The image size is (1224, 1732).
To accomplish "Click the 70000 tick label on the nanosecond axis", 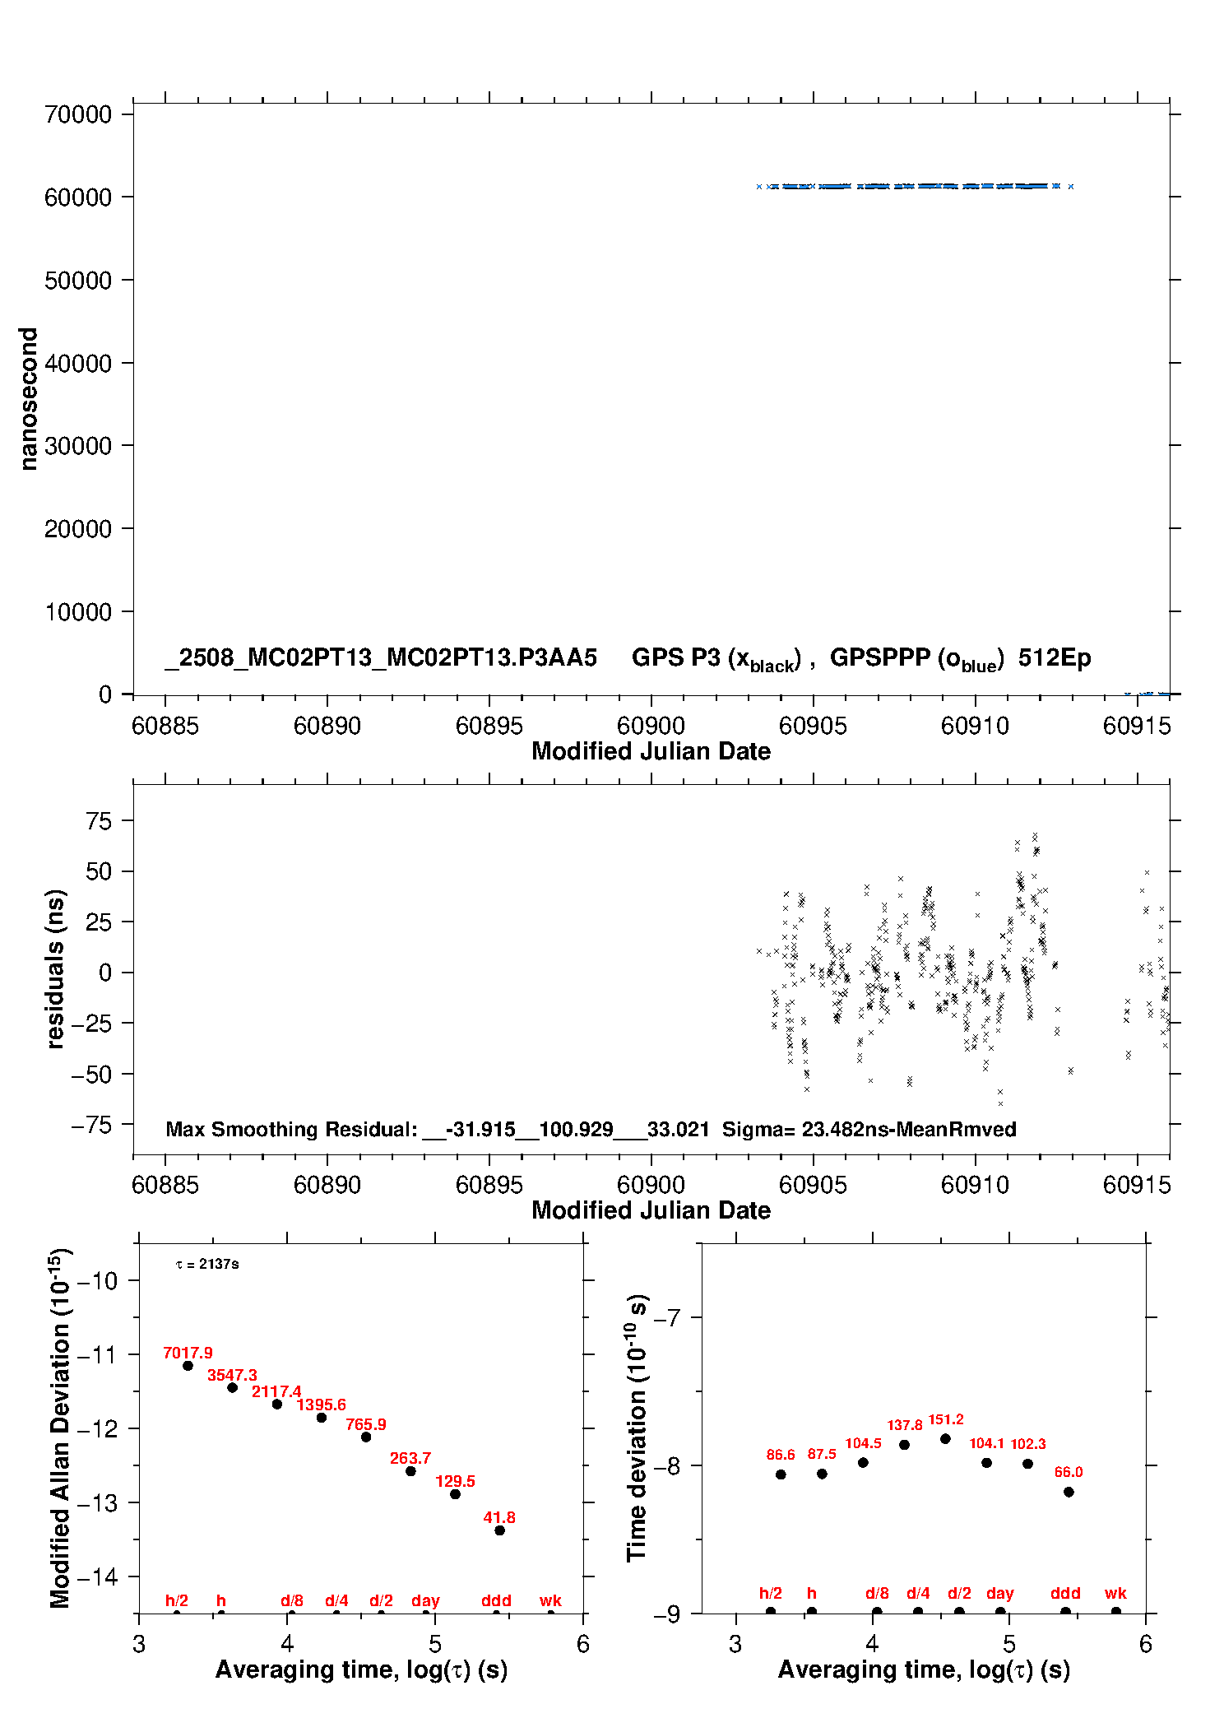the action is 78,114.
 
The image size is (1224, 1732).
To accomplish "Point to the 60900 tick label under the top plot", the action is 651,726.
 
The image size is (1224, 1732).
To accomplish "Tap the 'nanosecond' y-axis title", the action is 29,399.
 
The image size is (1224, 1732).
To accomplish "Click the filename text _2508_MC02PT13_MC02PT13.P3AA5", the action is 381,657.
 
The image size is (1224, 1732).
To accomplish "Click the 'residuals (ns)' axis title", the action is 55,968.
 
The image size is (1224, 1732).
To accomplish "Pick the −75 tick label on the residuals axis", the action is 91,1125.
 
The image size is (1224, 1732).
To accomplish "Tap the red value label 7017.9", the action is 188,1354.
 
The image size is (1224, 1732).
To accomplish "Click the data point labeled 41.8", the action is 499,1530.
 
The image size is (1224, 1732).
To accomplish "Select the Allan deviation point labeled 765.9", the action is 366,1437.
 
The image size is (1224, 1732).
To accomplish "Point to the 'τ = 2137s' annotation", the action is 207,1264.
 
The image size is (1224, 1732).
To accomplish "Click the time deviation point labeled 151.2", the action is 945,1439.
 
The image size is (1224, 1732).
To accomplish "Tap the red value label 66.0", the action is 1069,1472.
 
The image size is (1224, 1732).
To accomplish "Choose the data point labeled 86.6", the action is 781,1474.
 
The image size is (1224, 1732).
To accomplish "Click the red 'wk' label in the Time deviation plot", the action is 1115,1594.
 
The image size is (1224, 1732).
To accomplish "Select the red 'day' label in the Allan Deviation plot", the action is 425,1601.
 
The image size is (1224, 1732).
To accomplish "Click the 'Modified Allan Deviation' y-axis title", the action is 61,1428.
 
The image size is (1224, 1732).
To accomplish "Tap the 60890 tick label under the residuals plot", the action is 327,1185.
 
